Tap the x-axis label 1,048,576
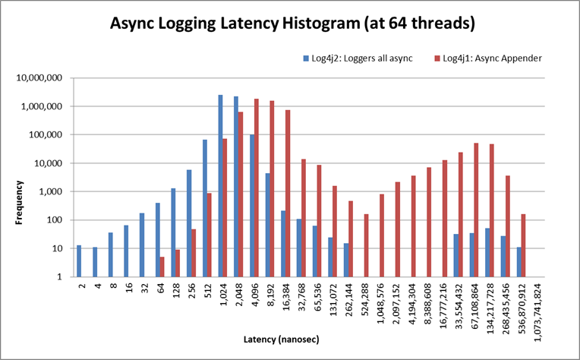tap(380, 304)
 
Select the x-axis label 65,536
tap(317, 298)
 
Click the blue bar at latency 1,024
tap(220, 186)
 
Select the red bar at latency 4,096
tap(257, 188)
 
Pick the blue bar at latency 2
tap(79, 261)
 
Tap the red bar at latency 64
tap(162, 267)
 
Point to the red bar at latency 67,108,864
tap(476, 210)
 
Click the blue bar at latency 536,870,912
tap(519, 262)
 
